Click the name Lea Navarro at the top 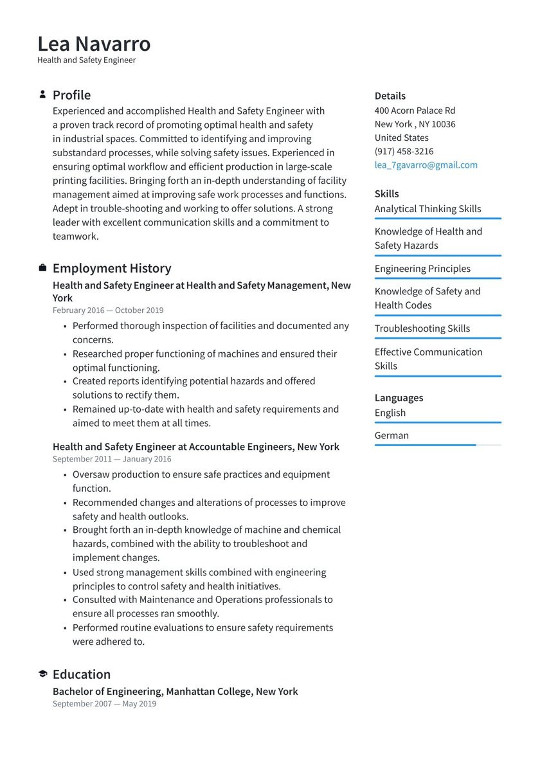coord(94,43)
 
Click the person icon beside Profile coord(42,94)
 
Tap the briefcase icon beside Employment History coord(42,268)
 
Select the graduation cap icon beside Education coord(42,674)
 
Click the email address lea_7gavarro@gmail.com coord(426,165)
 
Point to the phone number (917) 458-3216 coord(404,151)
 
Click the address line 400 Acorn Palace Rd coord(415,110)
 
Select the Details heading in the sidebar coord(390,96)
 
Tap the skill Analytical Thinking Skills coord(428,208)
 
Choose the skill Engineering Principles coord(422,268)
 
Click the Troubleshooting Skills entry coord(422,328)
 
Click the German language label coord(392,435)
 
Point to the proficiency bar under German coord(437,445)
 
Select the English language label coord(390,413)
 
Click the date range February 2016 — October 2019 coord(108,310)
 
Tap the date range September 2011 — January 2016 coord(112,459)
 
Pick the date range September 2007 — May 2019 coord(104,703)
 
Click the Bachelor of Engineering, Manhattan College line coord(175,691)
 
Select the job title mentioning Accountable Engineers coord(195,446)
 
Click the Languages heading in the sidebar coord(399,397)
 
